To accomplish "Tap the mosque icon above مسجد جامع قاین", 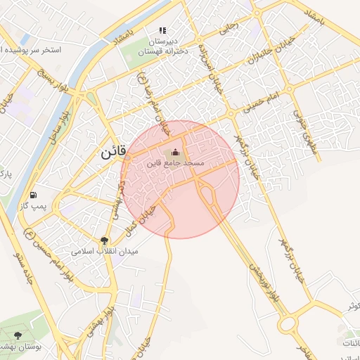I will click(x=175, y=153).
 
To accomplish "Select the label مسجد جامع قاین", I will click(x=175, y=163).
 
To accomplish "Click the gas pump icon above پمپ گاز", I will click(x=33, y=194).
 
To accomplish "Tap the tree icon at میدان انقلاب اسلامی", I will click(x=105, y=240).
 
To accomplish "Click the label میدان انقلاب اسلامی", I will click(x=105, y=251).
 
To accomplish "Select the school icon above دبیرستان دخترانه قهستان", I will click(x=162, y=31).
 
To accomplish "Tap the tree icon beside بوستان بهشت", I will click(x=18, y=336).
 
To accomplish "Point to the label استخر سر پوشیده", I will click(x=31, y=51).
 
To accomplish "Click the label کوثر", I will click(x=352, y=307).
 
